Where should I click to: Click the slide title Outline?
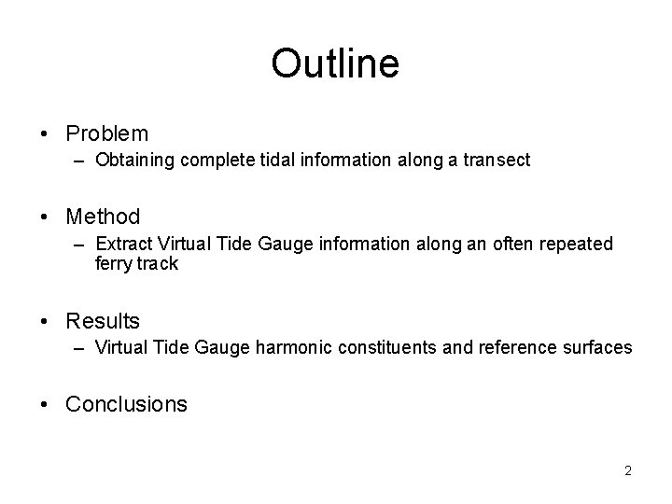(x=335, y=63)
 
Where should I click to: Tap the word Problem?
(x=107, y=134)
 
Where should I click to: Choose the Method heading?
(x=103, y=217)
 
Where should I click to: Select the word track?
(x=156, y=263)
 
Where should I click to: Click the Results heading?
(x=103, y=321)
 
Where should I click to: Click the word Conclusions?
(x=126, y=404)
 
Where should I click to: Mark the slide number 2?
(x=628, y=470)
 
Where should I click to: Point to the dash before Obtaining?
(x=82, y=161)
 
